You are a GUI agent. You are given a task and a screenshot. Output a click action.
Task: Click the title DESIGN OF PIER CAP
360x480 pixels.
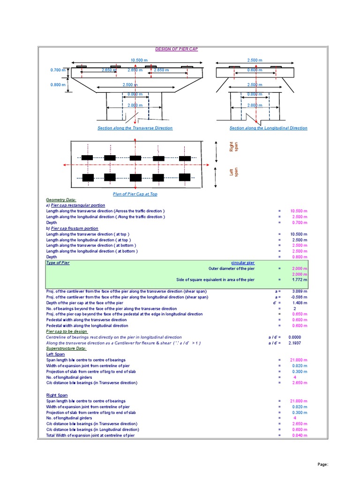tap(176, 49)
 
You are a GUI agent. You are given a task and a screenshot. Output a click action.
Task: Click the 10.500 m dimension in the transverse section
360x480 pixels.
tap(139, 60)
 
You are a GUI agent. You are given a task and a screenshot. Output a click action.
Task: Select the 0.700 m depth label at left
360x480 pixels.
tap(58, 70)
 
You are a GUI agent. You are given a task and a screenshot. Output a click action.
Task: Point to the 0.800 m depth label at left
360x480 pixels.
tap(58, 85)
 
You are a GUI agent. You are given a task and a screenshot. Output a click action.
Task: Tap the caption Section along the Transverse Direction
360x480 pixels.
tap(135, 128)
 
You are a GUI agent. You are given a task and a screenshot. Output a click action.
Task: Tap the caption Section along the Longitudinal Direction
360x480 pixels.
tap(268, 128)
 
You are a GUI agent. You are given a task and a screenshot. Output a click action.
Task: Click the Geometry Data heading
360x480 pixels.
tap(58, 200)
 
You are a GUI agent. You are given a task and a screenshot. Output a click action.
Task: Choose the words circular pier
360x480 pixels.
tap(243, 263)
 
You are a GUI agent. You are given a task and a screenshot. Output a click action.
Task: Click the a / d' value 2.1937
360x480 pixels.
tap(295, 343)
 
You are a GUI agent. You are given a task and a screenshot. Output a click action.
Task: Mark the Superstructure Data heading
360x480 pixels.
tap(66, 348)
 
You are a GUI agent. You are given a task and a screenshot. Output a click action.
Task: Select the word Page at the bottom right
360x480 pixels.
tap(322, 464)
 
